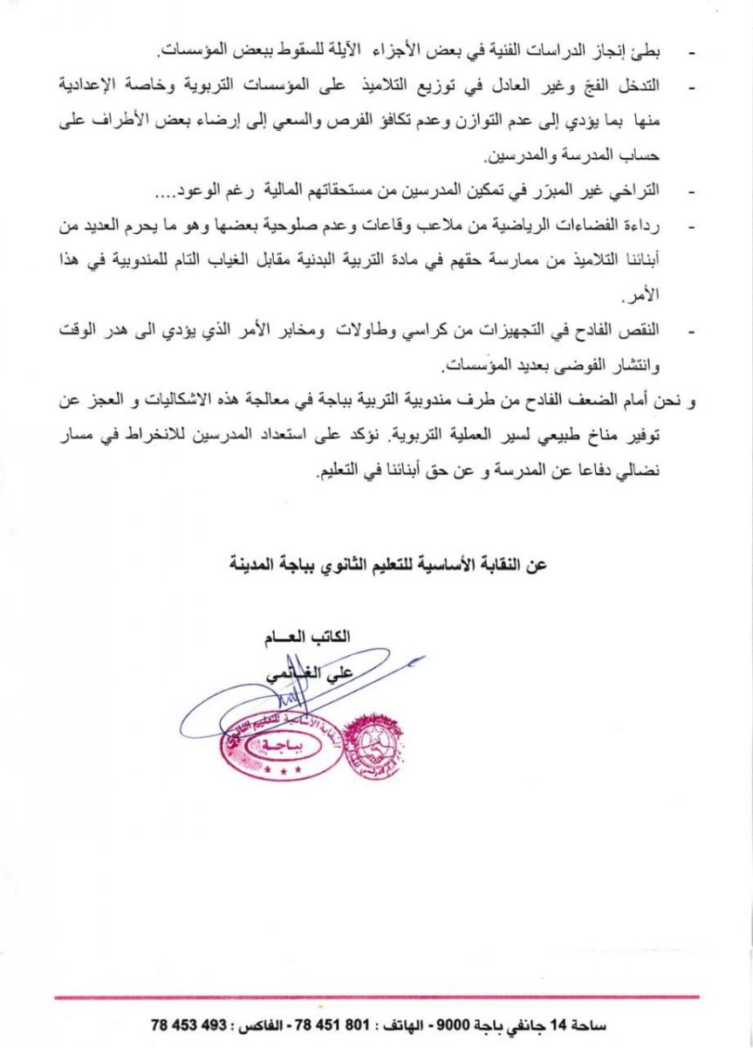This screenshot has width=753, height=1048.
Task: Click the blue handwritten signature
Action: [288, 699]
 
